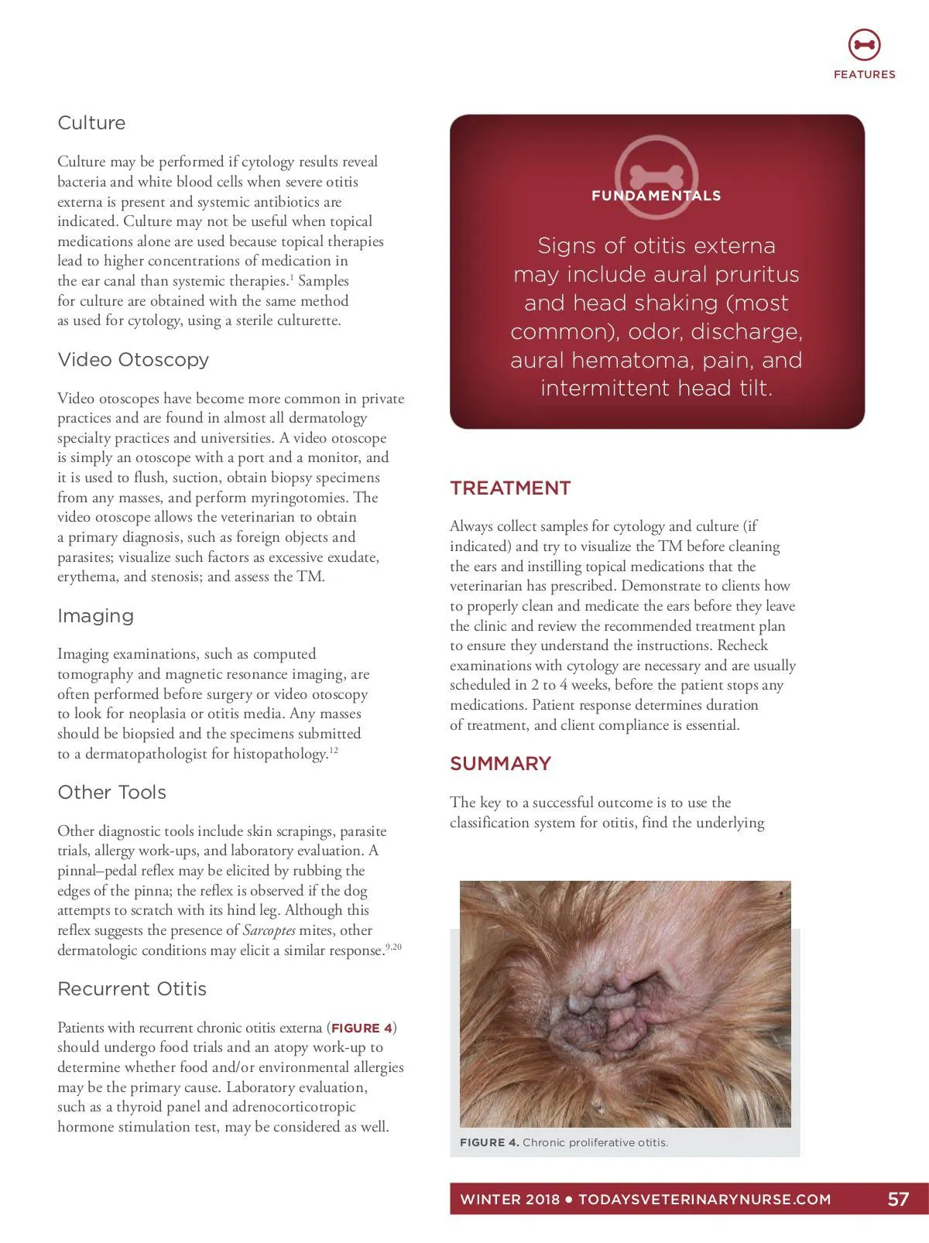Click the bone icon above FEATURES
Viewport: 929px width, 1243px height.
pos(864,45)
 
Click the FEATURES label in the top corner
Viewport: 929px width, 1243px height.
pos(864,74)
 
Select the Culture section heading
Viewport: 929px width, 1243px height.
pos(91,123)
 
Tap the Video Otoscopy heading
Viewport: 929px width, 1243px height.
pos(133,360)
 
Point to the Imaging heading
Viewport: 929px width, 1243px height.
pos(95,616)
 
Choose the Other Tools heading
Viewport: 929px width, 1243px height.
pos(111,793)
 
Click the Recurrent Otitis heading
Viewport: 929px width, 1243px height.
pos(132,989)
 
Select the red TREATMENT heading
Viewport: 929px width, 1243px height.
pos(510,488)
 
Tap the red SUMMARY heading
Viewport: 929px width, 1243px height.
pos(500,764)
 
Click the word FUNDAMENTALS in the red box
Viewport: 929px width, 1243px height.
pos(656,196)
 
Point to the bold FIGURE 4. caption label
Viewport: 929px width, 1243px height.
pos(489,1142)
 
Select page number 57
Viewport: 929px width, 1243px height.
pos(897,1200)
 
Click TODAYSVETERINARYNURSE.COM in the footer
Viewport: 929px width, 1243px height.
pos(704,1200)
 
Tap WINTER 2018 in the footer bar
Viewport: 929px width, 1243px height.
pos(509,1200)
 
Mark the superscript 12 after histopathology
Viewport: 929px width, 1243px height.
pos(334,750)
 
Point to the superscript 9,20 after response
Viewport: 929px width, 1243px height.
pos(394,947)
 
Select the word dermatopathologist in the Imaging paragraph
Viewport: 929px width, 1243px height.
pos(148,754)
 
